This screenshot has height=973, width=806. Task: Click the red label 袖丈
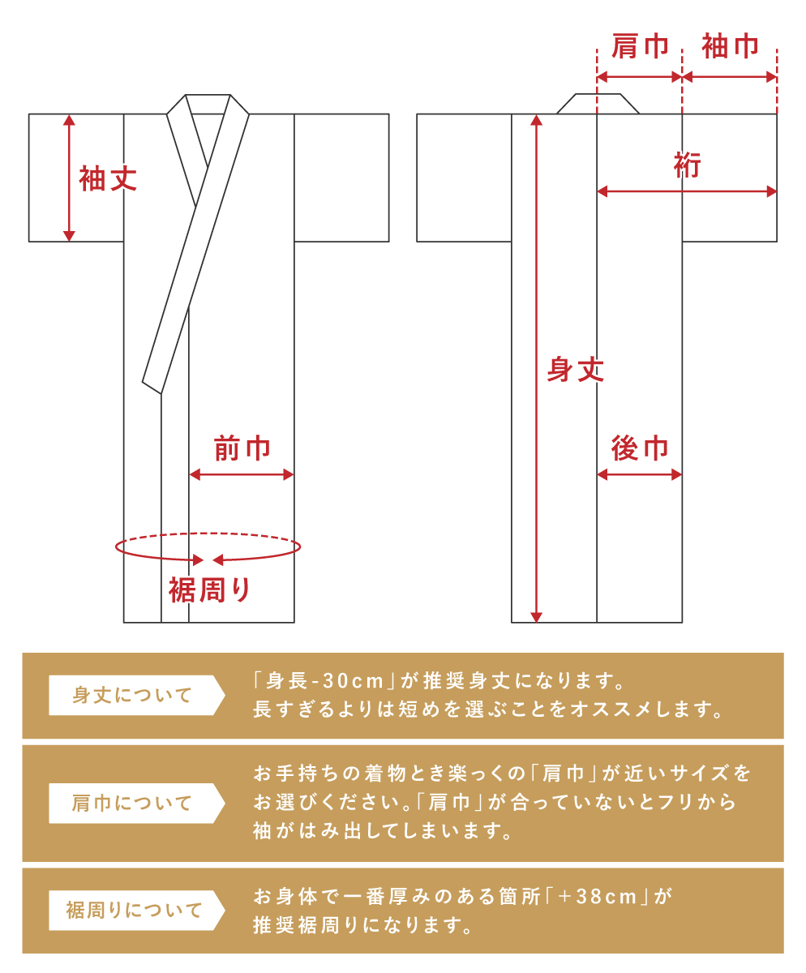coord(108,178)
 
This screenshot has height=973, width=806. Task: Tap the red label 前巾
coord(242,448)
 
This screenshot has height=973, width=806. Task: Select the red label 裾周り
coord(210,590)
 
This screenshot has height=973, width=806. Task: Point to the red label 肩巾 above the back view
coord(641,46)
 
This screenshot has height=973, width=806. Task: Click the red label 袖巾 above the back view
coord(731,45)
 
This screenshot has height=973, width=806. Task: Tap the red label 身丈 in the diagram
coord(575,370)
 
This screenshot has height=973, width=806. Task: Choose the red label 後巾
coord(640,448)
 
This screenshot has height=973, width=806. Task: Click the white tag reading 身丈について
coord(137,695)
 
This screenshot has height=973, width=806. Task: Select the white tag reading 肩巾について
coord(137,804)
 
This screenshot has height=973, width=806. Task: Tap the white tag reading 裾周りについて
coord(137,910)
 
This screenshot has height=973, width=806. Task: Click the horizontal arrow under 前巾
coord(242,475)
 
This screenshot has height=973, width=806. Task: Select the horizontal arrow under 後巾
coord(640,475)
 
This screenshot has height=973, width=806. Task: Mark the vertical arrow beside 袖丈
coord(69,178)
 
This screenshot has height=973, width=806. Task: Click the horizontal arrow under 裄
coord(687,191)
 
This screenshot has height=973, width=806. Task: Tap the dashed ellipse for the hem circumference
coord(208,534)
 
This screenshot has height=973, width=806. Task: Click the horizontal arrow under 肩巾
coord(640,77)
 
